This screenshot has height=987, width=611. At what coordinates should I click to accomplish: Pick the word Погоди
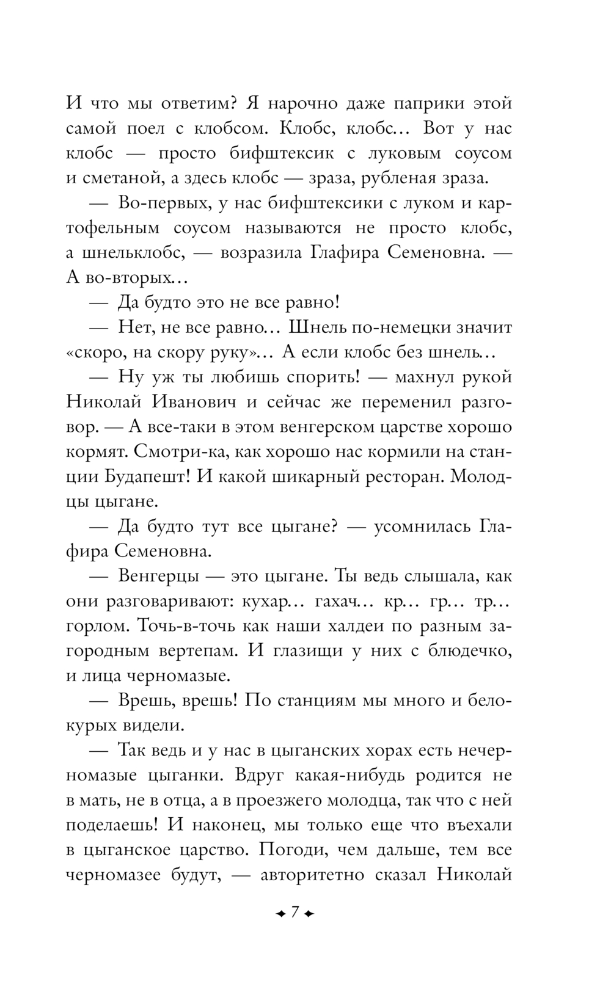click(294, 850)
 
